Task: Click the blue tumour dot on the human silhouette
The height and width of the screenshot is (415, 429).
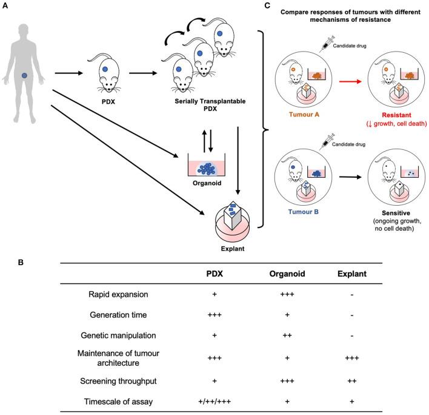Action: [x=24, y=75]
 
